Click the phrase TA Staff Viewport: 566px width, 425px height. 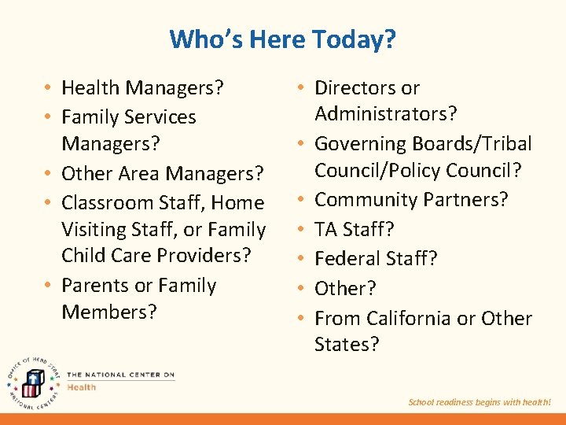[x=355, y=229]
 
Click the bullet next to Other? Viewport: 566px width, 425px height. [x=302, y=289]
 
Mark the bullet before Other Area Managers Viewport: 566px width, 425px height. [x=49, y=173]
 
